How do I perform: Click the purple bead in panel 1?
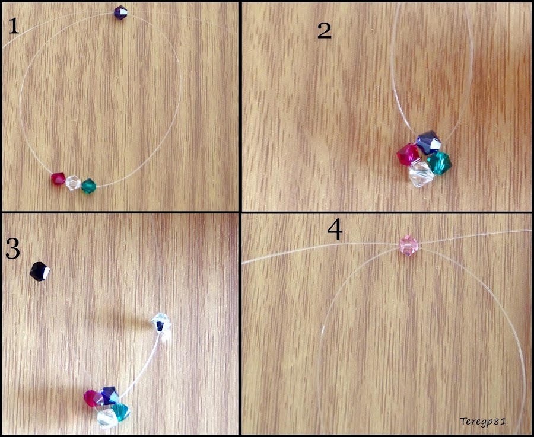[120, 13]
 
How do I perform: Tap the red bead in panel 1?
[58, 178]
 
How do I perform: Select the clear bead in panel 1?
[73, 183]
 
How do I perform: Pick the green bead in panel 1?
[89, 186]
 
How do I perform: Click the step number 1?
[14, 26]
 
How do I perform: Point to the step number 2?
[324, 31]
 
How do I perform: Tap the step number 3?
[12, 250]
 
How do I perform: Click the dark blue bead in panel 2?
[428, 142]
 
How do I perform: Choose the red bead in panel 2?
[408, 154]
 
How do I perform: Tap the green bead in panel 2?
[439, 162]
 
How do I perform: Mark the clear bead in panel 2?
[421, 174]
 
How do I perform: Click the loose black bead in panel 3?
[40, 272]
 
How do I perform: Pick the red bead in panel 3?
[93, 398]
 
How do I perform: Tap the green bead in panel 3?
[121, 412]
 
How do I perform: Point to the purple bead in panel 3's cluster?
[110, 396]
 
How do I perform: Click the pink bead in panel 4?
[409, 244]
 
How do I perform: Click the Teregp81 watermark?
[483, 421]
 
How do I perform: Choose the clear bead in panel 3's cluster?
[107, 418]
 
